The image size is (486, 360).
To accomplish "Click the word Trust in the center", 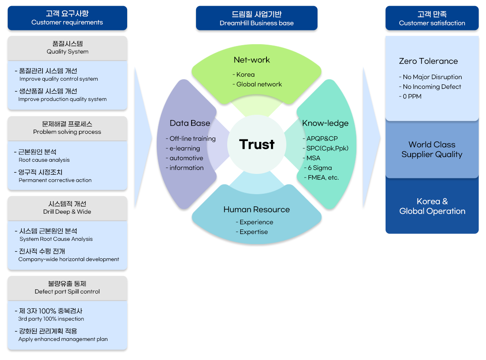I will click(257, 144).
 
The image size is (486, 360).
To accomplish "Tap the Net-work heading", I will click(252, 60).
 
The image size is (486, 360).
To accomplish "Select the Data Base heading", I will click(190, 123).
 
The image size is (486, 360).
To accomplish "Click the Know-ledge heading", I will click(325, 123).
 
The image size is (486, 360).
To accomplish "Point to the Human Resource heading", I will click(256, 210).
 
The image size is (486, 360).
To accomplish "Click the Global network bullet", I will click(259, 84).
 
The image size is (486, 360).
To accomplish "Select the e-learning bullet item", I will click(185, 148).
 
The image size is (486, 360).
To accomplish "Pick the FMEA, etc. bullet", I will click(323, 178).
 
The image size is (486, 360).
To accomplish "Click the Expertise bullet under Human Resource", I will click(254, 232).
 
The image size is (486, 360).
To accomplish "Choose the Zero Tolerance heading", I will click(428, 61).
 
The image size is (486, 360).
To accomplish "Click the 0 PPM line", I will click(412, 96).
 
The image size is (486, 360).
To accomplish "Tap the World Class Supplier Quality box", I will click(432, 150).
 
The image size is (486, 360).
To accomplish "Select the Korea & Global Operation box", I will click(432, 206).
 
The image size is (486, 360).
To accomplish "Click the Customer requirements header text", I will click(67, 23).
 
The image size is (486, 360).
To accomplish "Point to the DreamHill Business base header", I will click(257, 23).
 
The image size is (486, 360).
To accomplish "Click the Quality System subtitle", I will click(67, 52).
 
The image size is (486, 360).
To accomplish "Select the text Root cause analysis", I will click(44, 160).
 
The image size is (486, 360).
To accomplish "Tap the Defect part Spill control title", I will click(67, 292).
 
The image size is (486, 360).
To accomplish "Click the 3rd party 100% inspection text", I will click(51, 319).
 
